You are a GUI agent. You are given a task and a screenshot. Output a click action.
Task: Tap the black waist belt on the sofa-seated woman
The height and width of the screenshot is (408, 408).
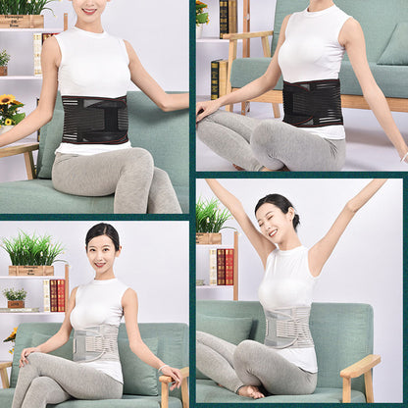tap(95, 120)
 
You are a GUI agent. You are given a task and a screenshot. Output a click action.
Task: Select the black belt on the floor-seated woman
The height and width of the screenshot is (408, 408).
tap(312, 102)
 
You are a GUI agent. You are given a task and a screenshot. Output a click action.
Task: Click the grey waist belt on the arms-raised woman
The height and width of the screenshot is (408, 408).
tap(288, 327)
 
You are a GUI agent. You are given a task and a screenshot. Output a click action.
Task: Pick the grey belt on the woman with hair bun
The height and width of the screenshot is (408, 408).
tap(96, 342)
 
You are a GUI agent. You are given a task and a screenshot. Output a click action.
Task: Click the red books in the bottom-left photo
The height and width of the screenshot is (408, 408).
tap(57, 294)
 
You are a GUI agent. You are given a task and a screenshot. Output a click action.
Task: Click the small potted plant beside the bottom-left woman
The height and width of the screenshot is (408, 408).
tap(15, 296)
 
